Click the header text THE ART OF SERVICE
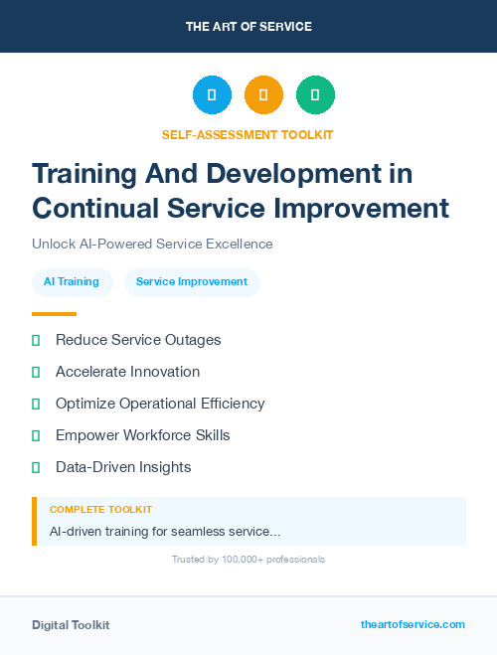coord(248,27)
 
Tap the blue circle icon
coord(212,95)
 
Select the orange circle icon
coord(263,95)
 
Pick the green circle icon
coord(315,95)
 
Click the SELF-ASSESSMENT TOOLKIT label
coord(248,134)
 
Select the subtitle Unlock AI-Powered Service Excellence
coord(152,244)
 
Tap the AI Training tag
coord(72,282)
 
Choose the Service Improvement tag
coord(192,282)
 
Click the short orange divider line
coord(54,314)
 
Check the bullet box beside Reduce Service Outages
coord(36,341)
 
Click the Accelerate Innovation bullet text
coord(127,372)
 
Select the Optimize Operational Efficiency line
coord(160,404)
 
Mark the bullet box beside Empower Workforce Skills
coord(36,435)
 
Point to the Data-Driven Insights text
coord(123,467)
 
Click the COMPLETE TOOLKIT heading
coord(100,510)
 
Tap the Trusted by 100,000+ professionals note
coord(248,560)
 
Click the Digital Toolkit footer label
coord(71,625)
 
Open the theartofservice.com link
coord(413,624)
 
